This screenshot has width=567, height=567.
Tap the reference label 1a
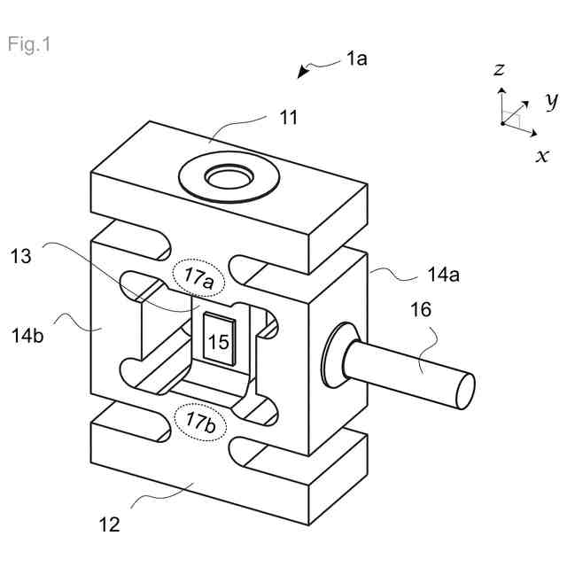click(x=356, y=60)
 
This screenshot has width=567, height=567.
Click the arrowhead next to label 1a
click(x=303, y=74)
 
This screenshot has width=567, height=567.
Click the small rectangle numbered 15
click(x=218, y=340)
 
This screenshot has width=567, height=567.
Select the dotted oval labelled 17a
click(x=198, y=276)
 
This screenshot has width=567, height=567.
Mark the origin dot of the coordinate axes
click(x=502, y=124)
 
